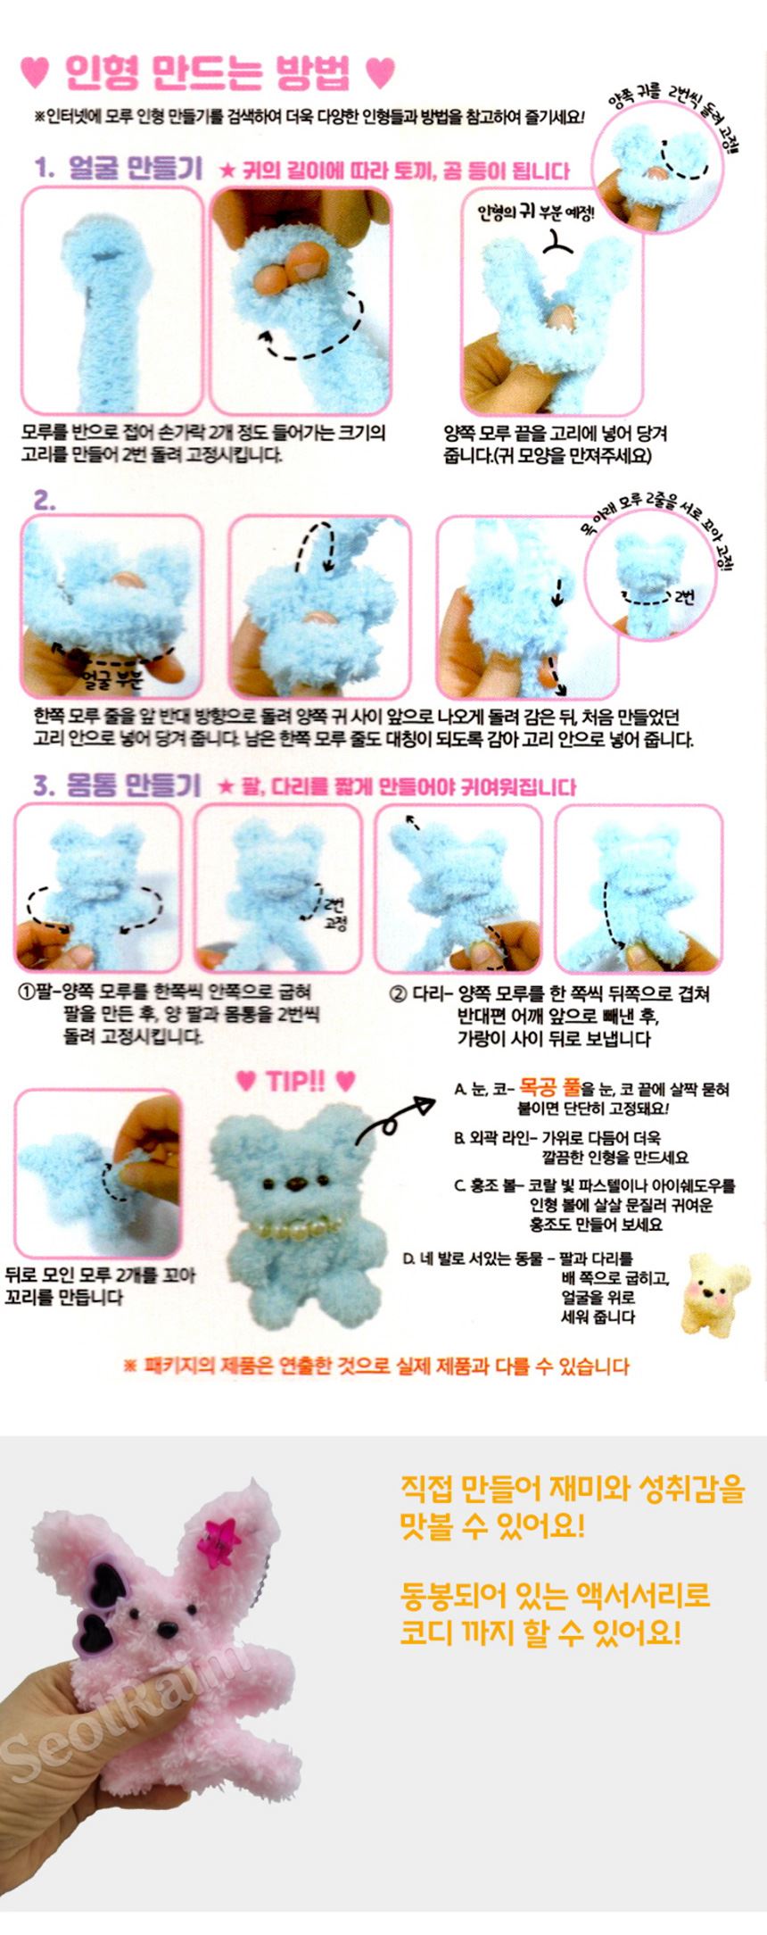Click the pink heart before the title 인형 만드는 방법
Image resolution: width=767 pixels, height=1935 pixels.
pyautogui.click(x=35, y=73)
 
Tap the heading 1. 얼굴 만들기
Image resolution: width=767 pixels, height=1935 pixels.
pyautogui.click(x=119, y=169)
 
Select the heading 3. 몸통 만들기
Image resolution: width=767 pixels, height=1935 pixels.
pyautogui.click(x=117, y=785)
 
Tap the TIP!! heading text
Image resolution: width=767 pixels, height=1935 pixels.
pyautogui.click(x=295, y=1081)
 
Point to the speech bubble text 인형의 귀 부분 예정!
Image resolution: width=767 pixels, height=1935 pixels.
pyautogui.click(x=535, y=212)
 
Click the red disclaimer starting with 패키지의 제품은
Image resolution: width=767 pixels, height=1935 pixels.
pyautogui.click(x=375, y=1366)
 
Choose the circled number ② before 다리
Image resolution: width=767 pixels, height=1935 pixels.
pyautogui.click(x=398, y=993)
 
